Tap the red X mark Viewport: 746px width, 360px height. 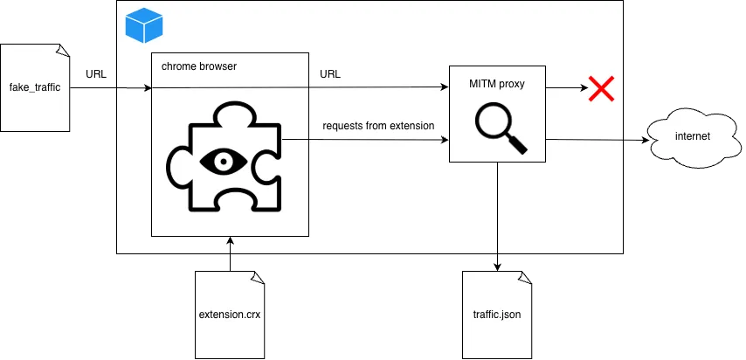[600, 88]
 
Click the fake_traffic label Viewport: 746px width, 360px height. [34, 88]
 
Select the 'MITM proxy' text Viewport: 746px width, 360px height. [497, 85]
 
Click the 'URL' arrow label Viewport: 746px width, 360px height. [330, 74]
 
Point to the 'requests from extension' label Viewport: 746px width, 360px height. [378, 126]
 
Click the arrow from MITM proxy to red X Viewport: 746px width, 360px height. [566, 88]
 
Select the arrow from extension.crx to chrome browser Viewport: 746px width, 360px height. [230, 253]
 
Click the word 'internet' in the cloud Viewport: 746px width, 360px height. [693, 136]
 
